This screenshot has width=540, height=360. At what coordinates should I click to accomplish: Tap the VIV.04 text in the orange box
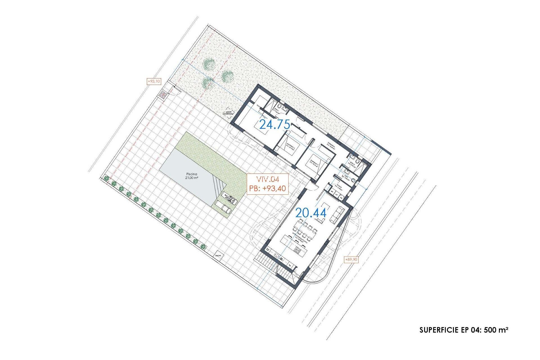coord(267,179)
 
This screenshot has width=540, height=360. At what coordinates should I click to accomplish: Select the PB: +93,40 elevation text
coord(267,188)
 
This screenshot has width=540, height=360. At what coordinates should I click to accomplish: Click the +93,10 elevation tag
coord(154,81)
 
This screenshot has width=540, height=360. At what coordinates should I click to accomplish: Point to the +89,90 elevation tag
coord(351,259)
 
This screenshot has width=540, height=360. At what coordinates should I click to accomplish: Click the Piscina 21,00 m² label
coord(192,176)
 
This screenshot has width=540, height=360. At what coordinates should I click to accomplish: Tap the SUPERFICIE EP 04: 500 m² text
coord(463,330)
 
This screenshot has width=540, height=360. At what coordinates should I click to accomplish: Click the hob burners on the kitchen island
coord(298,250)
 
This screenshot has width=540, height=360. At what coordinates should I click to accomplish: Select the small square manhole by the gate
coord(163,95)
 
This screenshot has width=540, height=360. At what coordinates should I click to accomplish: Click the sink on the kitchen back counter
coord(277,256)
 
